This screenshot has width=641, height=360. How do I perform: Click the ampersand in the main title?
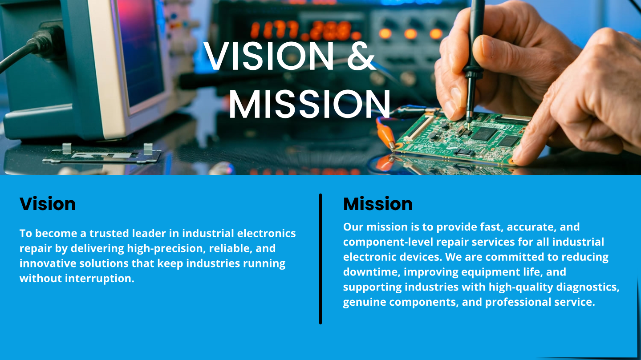(361, 57)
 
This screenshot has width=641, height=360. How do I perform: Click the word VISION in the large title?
(269, 57)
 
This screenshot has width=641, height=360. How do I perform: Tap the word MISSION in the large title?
(309, 104)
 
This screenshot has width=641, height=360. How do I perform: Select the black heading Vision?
(48, 204)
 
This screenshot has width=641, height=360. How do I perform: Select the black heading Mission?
(377, 204)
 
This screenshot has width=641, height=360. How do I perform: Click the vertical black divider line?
(320, 259)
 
